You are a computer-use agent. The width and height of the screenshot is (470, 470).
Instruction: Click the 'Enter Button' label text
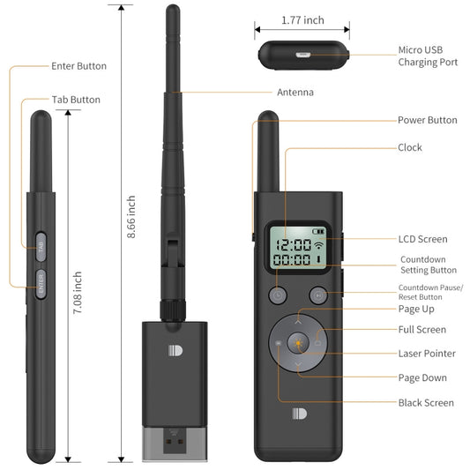coord(78,66)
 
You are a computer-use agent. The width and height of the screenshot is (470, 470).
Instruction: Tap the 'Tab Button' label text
coord(75,100)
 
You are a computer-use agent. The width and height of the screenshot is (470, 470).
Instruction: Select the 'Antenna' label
coord(295,92)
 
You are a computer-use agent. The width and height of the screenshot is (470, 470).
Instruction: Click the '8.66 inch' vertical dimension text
coord(131,217)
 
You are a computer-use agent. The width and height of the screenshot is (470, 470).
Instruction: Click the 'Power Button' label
coord(427,120)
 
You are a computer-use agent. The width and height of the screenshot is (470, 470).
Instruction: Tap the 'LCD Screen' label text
coord(422,239)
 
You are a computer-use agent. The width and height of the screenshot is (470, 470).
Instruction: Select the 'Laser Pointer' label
coord(427,354)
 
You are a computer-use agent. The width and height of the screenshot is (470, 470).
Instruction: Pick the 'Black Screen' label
coord(426,403)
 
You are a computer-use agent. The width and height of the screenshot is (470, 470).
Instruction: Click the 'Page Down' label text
coord(422,378)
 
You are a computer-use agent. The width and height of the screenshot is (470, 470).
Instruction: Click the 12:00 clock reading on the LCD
coord(292,244)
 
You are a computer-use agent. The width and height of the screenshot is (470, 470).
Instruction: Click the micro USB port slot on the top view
coord(304,54)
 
